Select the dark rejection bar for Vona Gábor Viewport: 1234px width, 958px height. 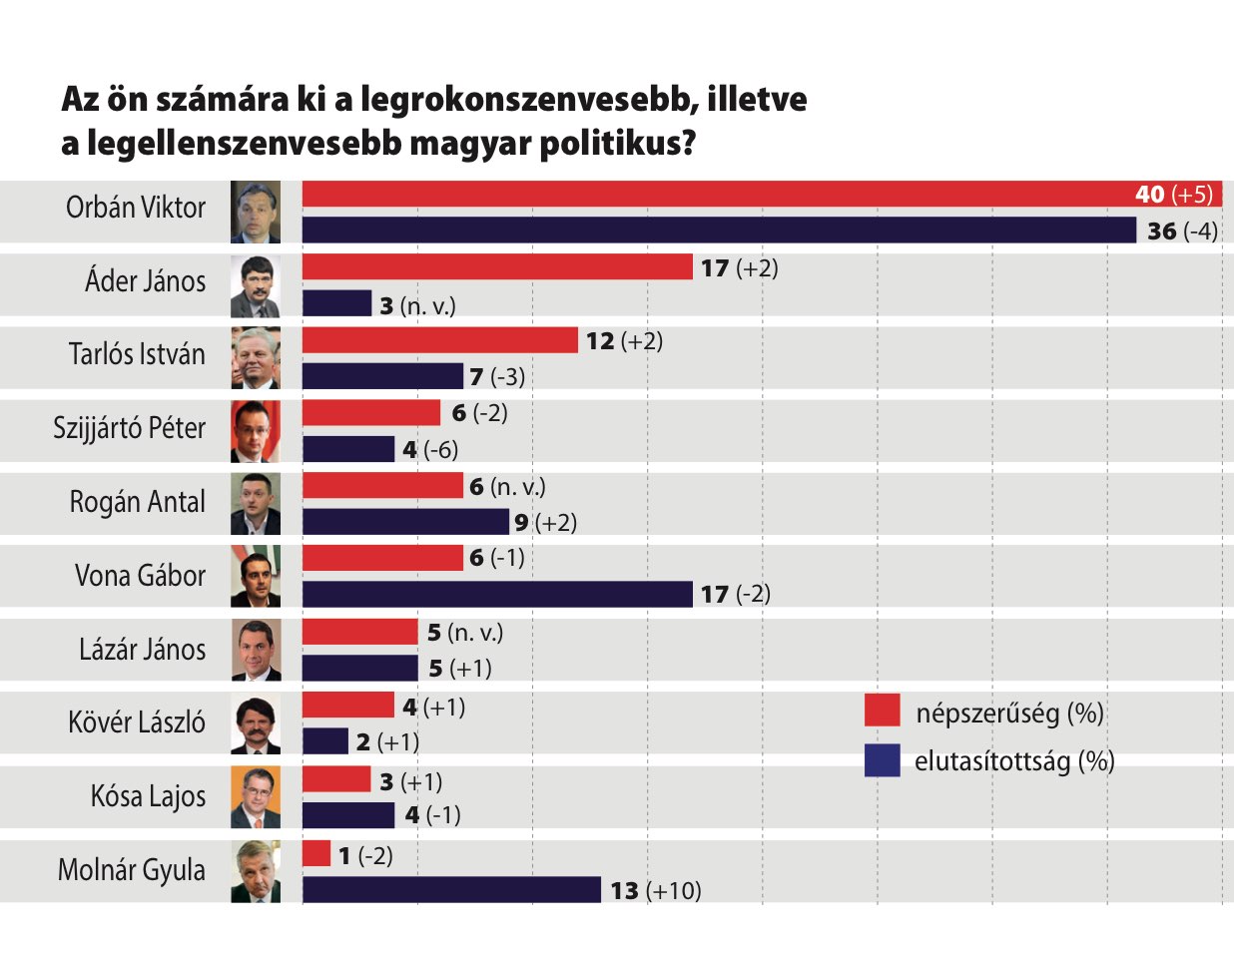(497, 594)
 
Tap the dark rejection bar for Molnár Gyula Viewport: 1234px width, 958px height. (451, 889)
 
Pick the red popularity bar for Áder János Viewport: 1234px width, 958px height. (497, 266)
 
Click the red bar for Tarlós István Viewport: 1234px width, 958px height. (439, 340)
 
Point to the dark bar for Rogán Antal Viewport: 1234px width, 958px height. (405, 522)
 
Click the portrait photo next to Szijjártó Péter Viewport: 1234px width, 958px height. (256, 431)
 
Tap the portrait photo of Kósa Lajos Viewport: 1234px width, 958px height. (256, 796)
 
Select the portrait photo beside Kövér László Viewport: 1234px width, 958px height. (256, 723)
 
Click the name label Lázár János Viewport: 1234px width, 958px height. (143, 650)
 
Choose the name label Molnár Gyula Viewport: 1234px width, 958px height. (132, 870)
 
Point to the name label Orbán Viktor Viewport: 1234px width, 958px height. (136, 208)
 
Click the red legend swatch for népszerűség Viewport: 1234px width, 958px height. (883, 711)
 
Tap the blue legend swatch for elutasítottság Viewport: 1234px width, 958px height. (883, 760)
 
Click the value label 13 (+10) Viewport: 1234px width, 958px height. (656, 890)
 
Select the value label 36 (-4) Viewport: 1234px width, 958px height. (1182, 232)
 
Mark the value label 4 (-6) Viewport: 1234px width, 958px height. (430, 450)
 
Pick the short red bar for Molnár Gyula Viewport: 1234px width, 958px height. (316, 853)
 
